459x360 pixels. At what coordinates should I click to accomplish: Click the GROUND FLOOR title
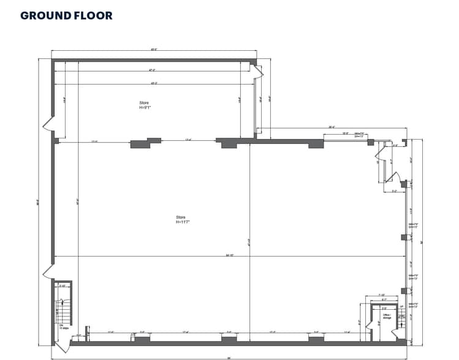66,15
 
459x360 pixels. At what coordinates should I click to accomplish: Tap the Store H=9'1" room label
145,105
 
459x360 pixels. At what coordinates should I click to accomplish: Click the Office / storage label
387,316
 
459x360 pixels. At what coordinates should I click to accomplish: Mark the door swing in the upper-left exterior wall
49,127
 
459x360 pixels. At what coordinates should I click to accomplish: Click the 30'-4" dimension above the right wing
332,127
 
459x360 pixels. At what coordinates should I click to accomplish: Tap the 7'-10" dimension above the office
381,295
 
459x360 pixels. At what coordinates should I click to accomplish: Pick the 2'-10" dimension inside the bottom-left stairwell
62,286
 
